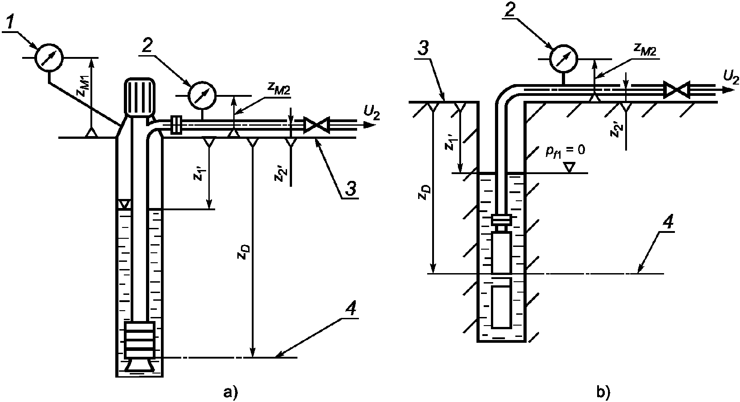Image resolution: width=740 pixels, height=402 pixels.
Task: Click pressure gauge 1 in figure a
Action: (49, 57)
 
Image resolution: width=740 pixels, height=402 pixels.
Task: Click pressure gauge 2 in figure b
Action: (563, 59)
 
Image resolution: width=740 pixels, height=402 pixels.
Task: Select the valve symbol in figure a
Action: (316, 125)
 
